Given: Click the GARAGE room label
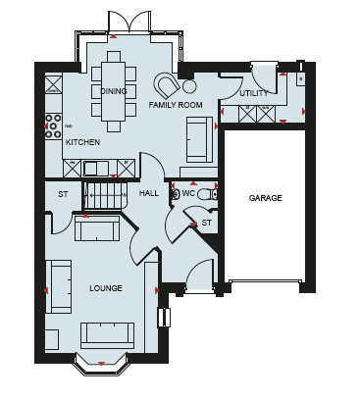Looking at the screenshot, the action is [265, 198].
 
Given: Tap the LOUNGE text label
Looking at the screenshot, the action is [106, 288].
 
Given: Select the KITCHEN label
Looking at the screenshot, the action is [82, 142].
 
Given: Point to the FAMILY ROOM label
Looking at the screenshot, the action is [176, 105].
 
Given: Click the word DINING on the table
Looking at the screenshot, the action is [114, 91].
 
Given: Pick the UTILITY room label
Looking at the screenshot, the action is [254, 94].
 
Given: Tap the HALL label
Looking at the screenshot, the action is [149, 193].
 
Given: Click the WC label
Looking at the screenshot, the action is [188, 193].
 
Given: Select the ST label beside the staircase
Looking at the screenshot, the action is [63, 194].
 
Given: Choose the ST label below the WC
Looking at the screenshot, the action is [206, 223].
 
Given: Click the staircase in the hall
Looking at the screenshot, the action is [105, 195].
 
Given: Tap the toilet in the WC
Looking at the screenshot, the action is [207, 194].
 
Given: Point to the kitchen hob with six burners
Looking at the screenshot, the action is [53, 125].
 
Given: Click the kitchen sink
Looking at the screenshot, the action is [95, 169].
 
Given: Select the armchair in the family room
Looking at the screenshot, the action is [168, 85].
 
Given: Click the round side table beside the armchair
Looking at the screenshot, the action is [189, 86].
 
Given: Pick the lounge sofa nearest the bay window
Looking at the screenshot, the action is [107, 335].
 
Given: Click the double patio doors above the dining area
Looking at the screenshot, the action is [129, 23].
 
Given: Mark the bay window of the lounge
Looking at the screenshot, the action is [101, 365].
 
